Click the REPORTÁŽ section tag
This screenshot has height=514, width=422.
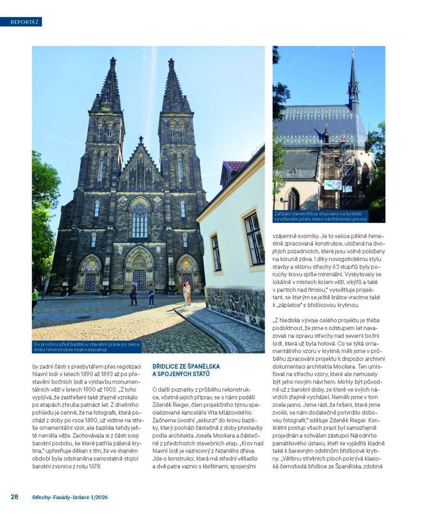pyautogui.click(x=21, y=22)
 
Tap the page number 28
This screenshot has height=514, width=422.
pyautogui.click(x=15, y=496)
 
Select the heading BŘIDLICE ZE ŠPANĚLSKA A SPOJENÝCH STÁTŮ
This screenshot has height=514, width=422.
pyautogui.click(x=186, y=370)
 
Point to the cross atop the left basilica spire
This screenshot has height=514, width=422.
pyautogui.click(x=113, y=61)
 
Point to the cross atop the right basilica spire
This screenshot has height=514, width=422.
pyautogui.click(x=171, y=62)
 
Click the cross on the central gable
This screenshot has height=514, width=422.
pyautogui.click(x=141, y=140)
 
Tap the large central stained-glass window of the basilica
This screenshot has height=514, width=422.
pyautogui.click(x=140, y=220)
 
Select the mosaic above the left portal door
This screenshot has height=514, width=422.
pyautogui.click(x=90, y=266)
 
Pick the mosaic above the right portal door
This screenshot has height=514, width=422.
pyautogui.click(x=187, y=266)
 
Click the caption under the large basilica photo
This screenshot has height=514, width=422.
pyautogui.click(x=87, y=346)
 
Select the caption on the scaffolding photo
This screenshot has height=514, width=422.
pyautogui.click(x=321, y=216)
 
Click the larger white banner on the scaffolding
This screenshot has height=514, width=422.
pyautogui.click(x=332, y=185)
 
